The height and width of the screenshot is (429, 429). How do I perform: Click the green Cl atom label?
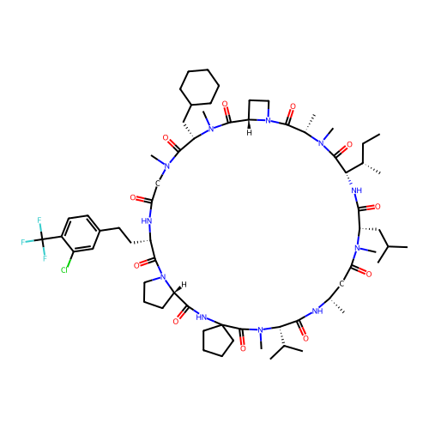coord(64,270)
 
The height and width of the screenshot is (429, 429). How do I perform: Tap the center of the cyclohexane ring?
coord(200,87)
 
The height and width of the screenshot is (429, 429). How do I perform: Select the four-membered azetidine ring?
coord(259,111)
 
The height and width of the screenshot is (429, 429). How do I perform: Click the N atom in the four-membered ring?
coord(268,121)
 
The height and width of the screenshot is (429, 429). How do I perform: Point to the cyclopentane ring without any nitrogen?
coord(218,341)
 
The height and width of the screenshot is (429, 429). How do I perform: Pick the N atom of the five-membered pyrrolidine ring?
coord(163,277)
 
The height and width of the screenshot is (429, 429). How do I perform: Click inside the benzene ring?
coord(81,233)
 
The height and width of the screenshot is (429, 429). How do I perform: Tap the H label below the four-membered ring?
coord(250,133)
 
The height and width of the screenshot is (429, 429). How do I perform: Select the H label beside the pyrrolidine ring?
coord(184,285)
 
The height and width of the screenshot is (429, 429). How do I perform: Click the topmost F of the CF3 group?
coord(39,220)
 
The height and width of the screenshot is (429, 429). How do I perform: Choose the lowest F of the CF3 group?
coord(45,258)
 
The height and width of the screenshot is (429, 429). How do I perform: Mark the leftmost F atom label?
coord(23,242)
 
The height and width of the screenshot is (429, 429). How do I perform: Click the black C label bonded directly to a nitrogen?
coord(158,184)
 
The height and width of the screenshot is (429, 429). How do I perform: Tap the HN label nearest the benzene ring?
coord(147,221)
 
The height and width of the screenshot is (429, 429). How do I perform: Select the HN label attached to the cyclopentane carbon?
coord(202,317)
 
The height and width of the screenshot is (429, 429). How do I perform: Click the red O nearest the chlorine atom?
coord(136,266)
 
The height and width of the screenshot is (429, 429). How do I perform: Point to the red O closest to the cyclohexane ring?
coord(225,104)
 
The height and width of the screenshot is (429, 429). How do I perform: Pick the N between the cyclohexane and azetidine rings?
coord(211,129)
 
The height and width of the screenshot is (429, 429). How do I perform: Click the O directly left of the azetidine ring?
coord(225,104)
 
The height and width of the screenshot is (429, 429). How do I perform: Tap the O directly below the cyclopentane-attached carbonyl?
coord(243,348)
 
